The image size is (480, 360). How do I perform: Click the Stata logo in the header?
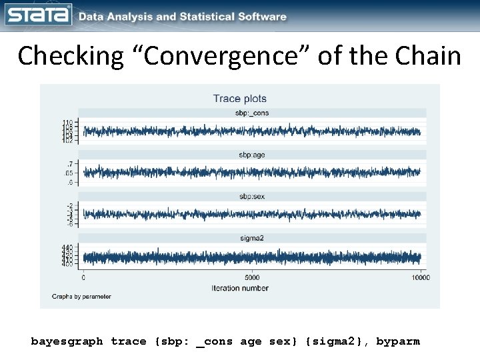39,15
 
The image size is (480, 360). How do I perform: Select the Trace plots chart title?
239,99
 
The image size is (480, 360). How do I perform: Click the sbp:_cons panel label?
252,113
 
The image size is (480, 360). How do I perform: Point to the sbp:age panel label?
252,155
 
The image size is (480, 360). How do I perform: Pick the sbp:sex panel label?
252,196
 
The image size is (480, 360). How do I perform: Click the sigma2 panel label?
252,237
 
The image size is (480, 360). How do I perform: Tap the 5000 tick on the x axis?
252,277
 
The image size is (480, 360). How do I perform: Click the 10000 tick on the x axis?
420,277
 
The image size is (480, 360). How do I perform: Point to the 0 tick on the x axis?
83,277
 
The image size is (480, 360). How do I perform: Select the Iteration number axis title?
240,288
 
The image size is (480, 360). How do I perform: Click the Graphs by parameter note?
81,296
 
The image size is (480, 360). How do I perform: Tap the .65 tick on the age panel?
69,172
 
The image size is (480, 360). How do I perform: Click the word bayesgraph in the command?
67,341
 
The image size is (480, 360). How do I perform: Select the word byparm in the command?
398,341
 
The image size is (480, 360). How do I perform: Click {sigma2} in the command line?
337,341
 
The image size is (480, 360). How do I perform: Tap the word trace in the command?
129,341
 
